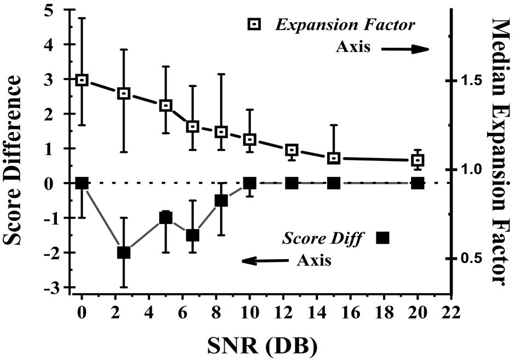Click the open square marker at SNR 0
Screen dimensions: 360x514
click(x=82, y=80)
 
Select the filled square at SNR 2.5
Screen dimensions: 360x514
click(x=124, y=253)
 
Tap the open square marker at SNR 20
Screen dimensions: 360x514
click(x=418, y=160)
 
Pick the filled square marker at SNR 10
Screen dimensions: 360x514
click(x=250, y=183)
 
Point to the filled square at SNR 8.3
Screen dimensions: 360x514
click(x=221, y=201)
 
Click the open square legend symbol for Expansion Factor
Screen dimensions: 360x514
click(x=254, y=25)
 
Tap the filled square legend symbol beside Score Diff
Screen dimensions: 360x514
click(x=382, y=237)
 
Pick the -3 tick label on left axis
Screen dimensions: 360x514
click(x=53, y=287)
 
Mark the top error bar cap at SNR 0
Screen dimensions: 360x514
click(x=82, y=18)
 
